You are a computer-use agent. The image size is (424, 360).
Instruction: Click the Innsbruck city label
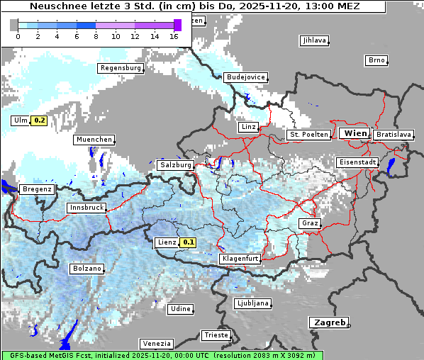click(x=86, y=208)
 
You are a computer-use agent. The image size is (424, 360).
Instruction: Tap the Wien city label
click(x=355, y=133)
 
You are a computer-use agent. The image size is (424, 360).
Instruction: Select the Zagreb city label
click(x=328, y=322)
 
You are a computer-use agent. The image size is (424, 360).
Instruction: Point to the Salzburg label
click(x=176, y=165)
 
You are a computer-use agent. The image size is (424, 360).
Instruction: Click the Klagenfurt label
click(x=240, y=259)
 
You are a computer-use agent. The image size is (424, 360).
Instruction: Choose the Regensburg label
click(x=121, y=68)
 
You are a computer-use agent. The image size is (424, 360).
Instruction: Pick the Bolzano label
click(x=87, y=269)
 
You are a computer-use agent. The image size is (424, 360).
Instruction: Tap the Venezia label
click(x=155, y=343)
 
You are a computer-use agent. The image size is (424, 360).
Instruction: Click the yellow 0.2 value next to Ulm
click(x=39, y=120)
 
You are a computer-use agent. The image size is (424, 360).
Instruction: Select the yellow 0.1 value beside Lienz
click(x=187, y=242)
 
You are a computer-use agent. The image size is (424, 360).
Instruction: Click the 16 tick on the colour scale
click(x=174, y=36)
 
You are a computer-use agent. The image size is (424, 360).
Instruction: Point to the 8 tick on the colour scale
click(x=96, y=36)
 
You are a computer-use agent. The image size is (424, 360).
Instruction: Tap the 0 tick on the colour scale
click(x=18, y=36)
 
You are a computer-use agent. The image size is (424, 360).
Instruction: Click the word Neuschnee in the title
click(x=57, y=6)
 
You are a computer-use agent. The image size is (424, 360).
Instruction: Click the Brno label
click(x=376, y=60)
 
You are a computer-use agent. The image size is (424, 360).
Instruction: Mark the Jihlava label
click(x=313, y=40)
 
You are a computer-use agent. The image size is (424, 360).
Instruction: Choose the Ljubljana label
click(x=252, y=303)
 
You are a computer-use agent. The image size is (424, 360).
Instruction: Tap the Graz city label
click(x=310, y=223)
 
